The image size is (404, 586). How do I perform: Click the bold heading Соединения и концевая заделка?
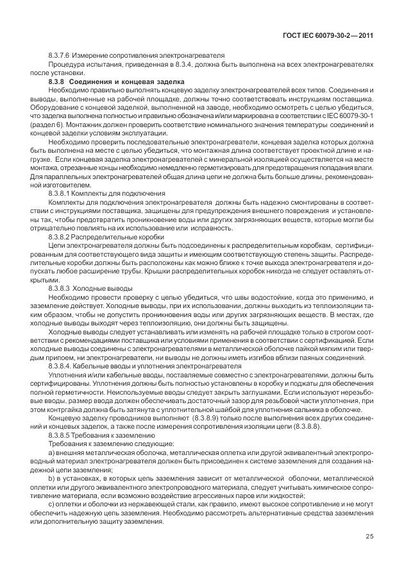pyautogui.click(x=127, y=82)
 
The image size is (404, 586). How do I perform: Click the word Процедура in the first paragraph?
pyautogui.click(x=65, y=66)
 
